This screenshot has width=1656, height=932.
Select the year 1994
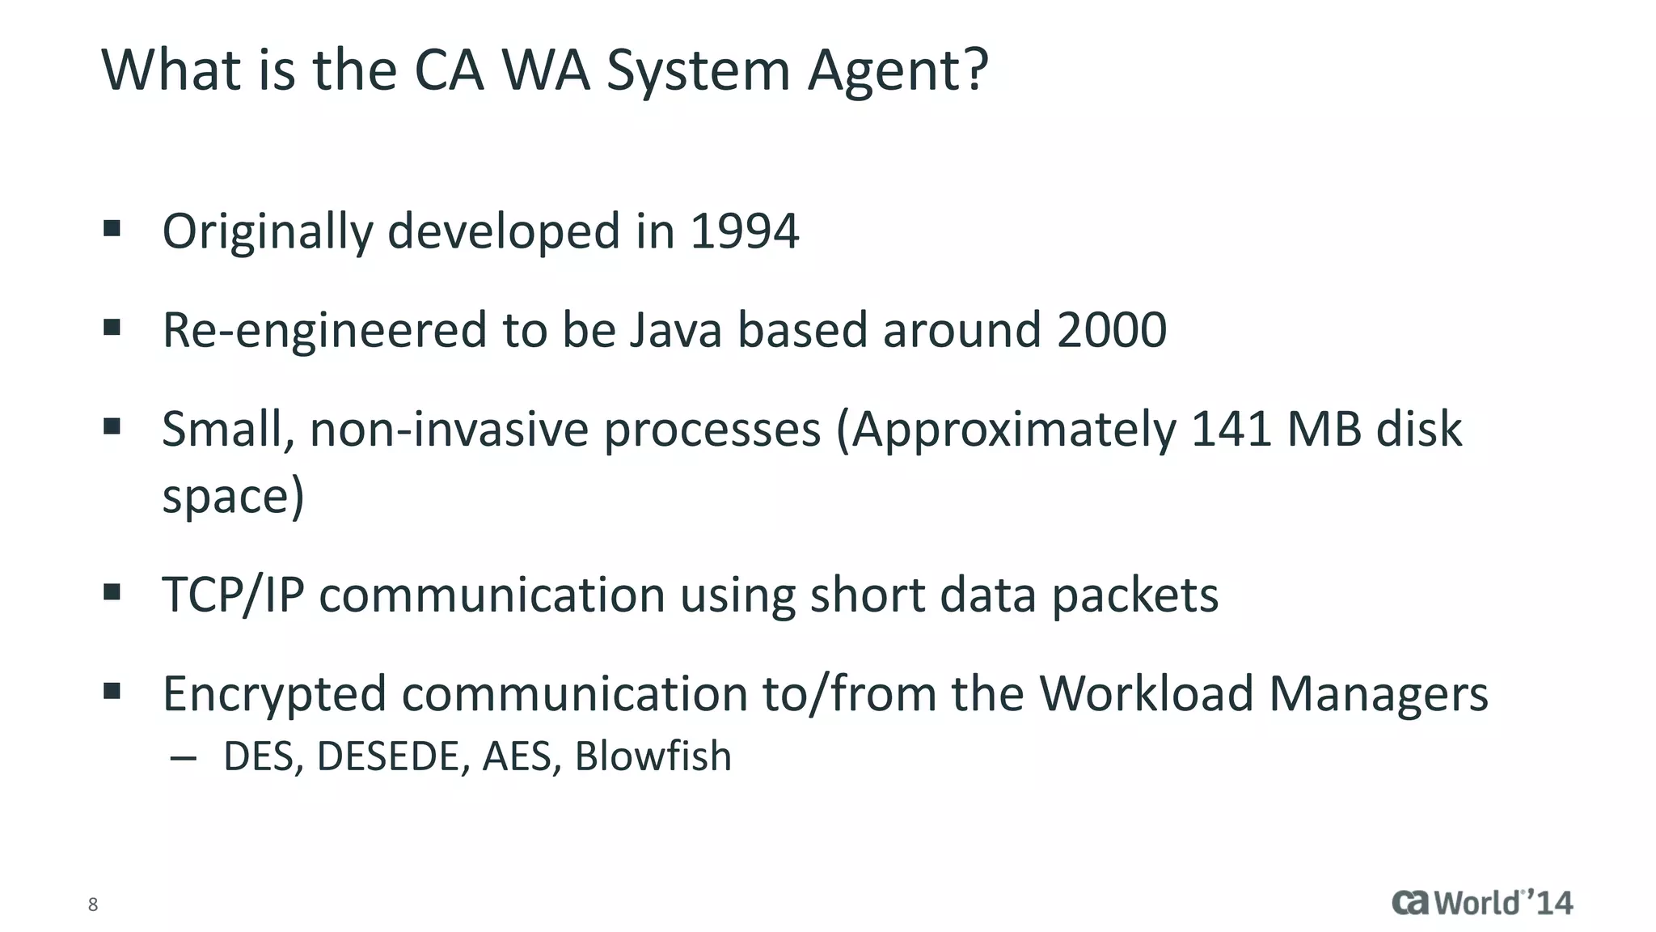pyautogui.click(x=744, y=231)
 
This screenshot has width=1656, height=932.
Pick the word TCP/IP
pyautogui.click(x=233, y=595)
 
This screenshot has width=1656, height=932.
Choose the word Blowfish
pyautogui.click(x=653, y=756)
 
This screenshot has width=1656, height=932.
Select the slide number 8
pyautogui.click(x=93, y=904)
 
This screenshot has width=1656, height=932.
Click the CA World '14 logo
pyautogui.click(x=1482, y=903)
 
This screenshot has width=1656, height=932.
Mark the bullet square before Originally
pyautogui.click(x=112, y=229)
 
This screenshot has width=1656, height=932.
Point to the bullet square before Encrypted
pyautogui.click(x=112, y=692)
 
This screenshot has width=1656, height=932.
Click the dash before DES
pyautogui.click(x=184, y=758)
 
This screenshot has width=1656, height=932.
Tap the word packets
pyautogui.click(x=1134, y=595)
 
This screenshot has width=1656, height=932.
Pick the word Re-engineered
pyautogui.click(x=324, y=330)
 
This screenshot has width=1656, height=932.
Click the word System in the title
pyautogui.click(x=698, y=71)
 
